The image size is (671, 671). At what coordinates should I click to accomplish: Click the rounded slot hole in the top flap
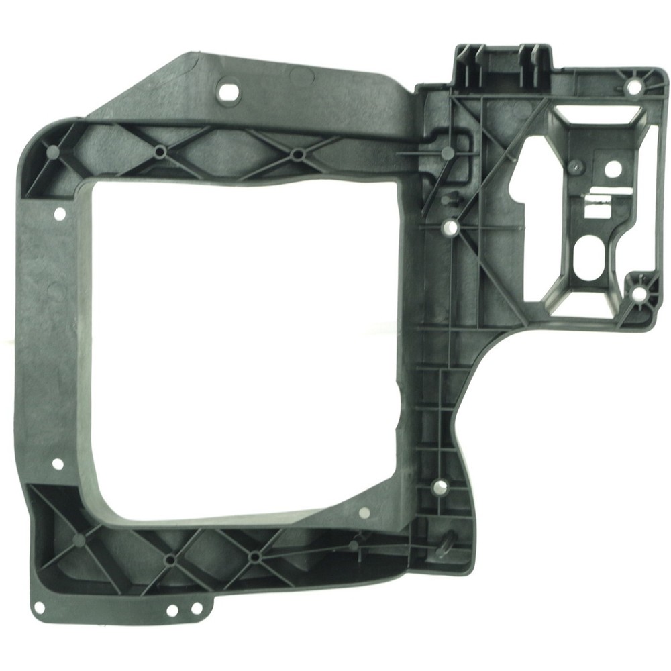coord(229,90)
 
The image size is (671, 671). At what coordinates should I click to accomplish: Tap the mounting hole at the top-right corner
coord(633,87)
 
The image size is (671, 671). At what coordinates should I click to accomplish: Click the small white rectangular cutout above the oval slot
coord(596,210)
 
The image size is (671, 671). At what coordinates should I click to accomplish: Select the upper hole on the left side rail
coord(59,214)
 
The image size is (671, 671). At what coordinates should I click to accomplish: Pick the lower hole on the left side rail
coord(58,464)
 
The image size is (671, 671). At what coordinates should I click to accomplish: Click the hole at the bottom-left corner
coord(39,607)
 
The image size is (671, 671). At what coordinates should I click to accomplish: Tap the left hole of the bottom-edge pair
coord(172,611)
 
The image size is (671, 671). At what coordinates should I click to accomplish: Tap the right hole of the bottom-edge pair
coord(196,609)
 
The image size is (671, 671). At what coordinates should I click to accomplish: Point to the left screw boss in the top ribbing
coord(160,152)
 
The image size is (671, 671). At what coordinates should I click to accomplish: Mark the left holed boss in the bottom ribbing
coord(170,558)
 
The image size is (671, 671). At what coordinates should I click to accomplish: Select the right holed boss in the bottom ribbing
coord(254,556)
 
